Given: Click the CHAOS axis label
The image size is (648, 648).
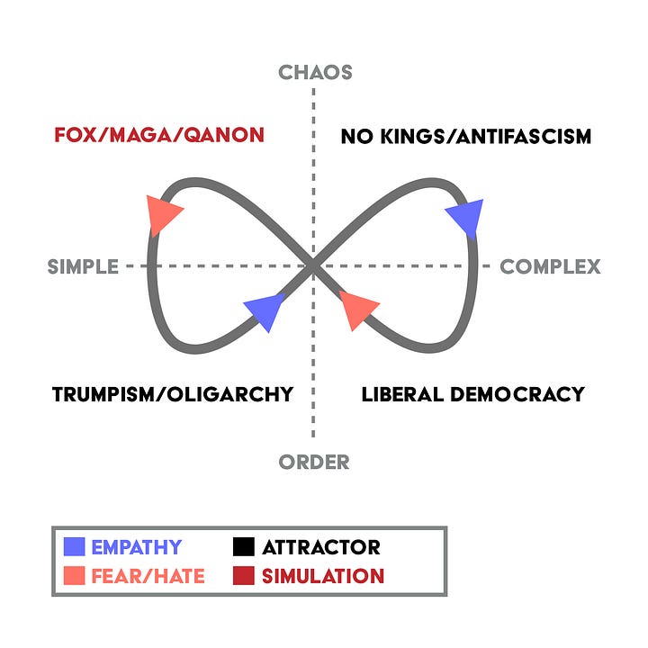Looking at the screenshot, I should click(314, 72).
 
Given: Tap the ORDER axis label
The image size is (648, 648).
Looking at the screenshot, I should click(314, 463).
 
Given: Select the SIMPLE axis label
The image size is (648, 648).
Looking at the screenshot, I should click(83, 266).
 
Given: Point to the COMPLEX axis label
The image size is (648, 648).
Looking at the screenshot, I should click(550, 266).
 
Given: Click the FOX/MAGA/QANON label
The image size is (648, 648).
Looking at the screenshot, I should click(159, 136).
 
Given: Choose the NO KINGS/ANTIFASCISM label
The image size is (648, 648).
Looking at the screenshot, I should click(466, 137).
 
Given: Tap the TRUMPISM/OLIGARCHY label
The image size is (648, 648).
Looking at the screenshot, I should click(173, 394).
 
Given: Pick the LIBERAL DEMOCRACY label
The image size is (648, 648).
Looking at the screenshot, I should click(472, 394).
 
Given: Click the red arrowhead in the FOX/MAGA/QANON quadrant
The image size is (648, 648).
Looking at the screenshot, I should click(163, 214).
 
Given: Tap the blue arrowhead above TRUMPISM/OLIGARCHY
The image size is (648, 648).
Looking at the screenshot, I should click(264, 311).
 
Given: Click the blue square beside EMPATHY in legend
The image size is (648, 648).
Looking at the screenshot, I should click(76, 546).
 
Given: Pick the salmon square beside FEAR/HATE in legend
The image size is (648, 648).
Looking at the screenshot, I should click(76, 576).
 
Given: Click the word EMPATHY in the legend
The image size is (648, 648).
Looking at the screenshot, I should click(136, 547).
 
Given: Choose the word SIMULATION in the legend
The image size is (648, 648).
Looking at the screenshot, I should click(323, 576).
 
